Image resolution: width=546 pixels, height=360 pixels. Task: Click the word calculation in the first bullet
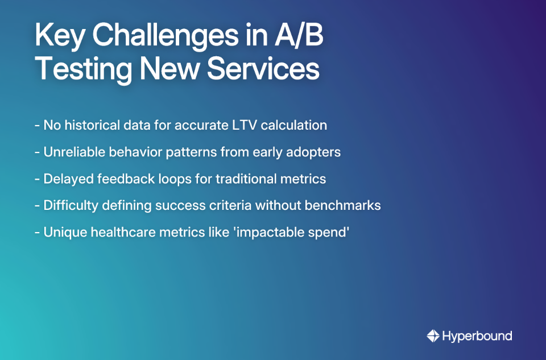[x=294, y=125]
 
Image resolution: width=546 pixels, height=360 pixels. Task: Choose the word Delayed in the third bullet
[x=66, y=179]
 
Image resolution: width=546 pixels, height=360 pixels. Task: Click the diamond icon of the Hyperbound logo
[x=433, y=336]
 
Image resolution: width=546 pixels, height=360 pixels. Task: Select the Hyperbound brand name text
[x=477, y=336]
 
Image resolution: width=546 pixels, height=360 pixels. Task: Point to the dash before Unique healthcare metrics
[x=37, y=232]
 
